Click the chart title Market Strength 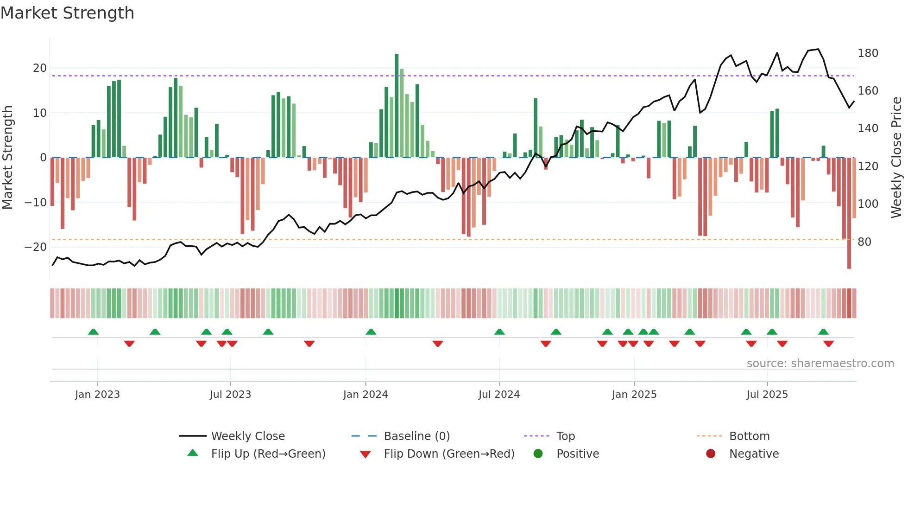coord(67,13)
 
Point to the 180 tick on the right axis coord(867,53)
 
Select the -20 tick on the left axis coord(36,247)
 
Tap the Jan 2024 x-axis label coord(366,395)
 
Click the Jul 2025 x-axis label coord(767,395)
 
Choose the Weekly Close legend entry coord(248,436)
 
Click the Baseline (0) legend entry coord(416,436)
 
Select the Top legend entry coord(565,436)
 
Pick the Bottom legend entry coord(749,436)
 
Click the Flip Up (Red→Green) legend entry coord(268,454)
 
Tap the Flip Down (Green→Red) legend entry coord(449,454)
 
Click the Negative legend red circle coord(711,454)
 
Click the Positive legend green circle coord(538,454)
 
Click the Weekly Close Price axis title coord(896,158)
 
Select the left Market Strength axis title coord(7,158)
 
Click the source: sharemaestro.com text coord(820,364)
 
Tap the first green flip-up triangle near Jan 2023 coord(93,332)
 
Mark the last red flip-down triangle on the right coord(829,344)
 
